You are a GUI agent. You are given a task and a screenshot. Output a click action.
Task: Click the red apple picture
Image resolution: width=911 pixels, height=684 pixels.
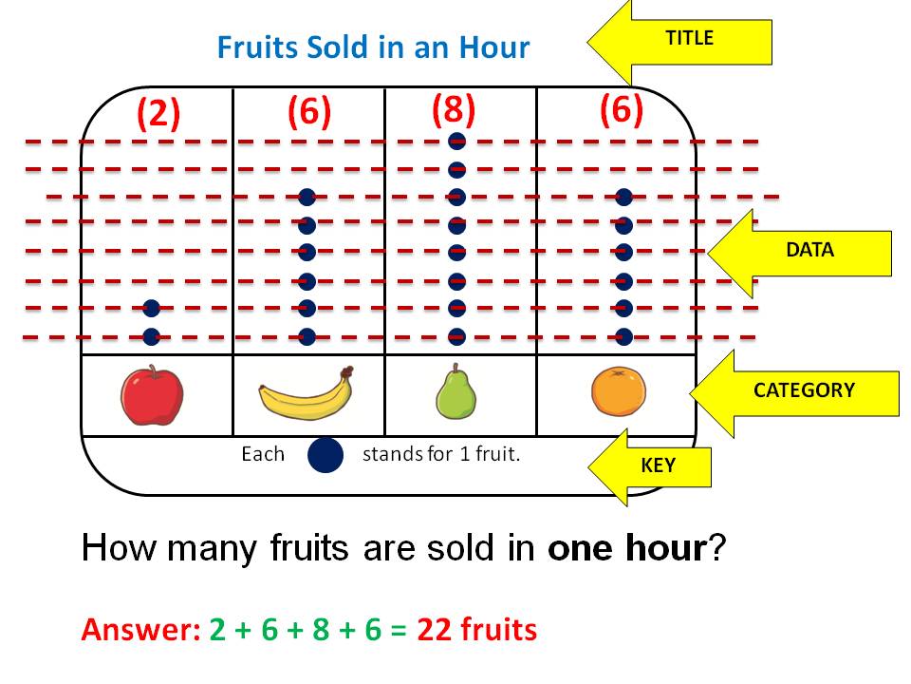point(152,395)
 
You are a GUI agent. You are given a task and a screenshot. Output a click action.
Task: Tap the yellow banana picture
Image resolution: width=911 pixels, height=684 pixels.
point(306,393)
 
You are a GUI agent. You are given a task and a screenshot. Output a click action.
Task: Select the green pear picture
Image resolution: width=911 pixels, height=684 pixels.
point(455,391)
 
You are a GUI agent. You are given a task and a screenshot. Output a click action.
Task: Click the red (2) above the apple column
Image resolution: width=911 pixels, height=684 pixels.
point(158,113)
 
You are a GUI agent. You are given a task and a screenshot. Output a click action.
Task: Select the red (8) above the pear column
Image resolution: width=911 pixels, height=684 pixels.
point(453,110)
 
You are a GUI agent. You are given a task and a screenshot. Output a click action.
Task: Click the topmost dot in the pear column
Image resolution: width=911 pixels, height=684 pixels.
point(456,142)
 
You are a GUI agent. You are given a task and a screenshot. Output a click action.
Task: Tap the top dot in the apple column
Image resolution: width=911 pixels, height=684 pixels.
point(151,308)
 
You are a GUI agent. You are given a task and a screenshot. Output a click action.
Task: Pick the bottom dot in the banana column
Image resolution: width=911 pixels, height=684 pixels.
point(307,336)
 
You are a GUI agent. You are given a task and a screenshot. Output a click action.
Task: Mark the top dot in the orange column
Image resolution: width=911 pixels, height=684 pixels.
point(623,198)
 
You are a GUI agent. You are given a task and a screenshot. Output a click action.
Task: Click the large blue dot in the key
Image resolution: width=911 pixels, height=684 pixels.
point(325,455)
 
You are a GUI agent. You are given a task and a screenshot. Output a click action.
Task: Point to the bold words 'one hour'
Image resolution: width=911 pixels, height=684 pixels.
point(627,548)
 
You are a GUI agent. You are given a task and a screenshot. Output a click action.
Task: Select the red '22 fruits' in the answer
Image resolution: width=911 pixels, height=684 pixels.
point(476,629)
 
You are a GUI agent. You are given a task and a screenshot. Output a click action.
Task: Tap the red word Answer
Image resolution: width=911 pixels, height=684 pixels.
point(139,629)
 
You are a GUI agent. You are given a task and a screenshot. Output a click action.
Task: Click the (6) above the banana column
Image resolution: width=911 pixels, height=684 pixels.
point(308,112)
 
